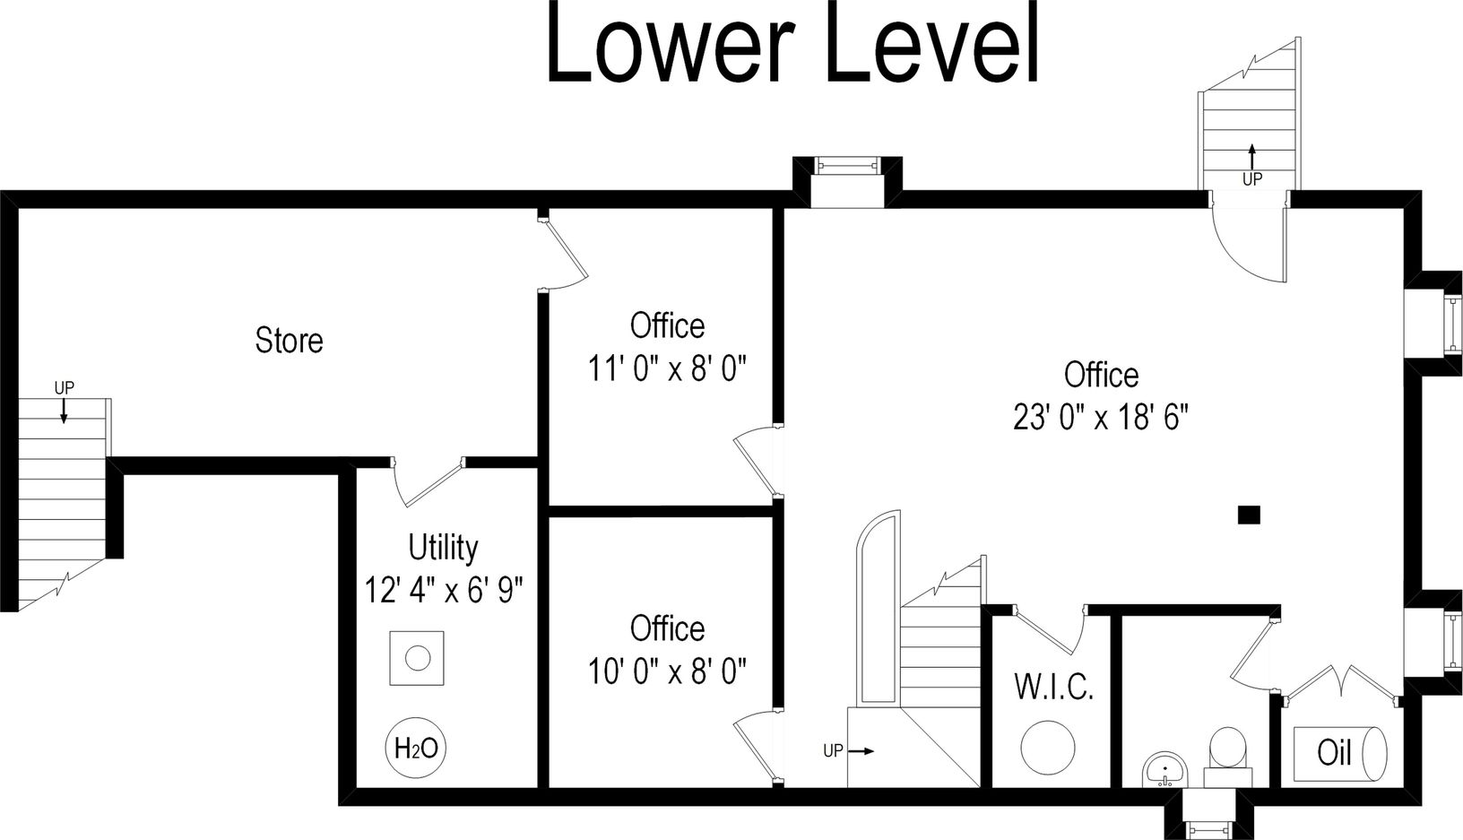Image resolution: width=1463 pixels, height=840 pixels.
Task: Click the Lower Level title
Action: (792, 43)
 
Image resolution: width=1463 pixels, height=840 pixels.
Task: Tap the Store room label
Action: (289, 341)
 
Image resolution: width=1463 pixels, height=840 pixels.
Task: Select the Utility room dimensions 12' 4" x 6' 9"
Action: (444, 591)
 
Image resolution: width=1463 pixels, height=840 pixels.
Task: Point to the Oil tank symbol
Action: (1340, 751)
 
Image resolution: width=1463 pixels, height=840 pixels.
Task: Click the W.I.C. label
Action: (1053, 688)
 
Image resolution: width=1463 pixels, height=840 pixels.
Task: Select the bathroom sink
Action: (1164, 769)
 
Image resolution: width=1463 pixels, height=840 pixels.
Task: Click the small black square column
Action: (1249, 515)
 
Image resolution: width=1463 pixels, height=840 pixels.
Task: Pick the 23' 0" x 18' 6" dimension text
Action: (1101, 418)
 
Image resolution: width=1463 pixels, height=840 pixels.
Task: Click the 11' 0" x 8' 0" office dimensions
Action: (667, 368)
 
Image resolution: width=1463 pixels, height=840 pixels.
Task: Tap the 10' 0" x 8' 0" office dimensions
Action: (667, 671)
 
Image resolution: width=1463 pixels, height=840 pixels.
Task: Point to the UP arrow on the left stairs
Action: (64, 410)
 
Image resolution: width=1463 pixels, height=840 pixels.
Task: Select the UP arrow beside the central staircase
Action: (861, 751)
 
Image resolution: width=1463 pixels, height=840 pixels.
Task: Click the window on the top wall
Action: (847, 165)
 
